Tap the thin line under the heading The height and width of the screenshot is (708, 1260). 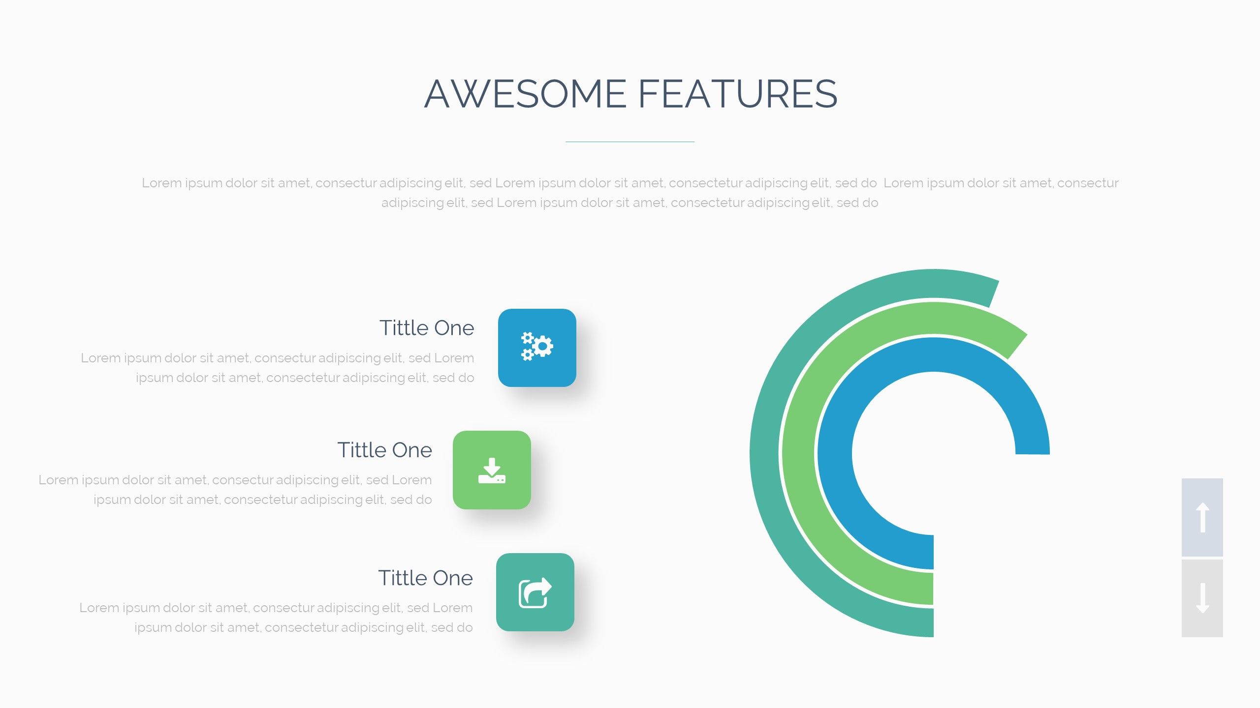coord(630,142)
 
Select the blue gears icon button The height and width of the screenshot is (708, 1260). coord(537,348)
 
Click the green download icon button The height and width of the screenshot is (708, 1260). coord(492,470)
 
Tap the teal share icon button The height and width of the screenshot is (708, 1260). coord(535,592)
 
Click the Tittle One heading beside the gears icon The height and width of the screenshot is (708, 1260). coord(426,328)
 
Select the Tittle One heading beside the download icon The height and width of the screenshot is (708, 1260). coord(384,450)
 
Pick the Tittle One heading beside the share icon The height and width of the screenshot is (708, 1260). coord(425,578)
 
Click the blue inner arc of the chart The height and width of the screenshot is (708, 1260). coord(835,452)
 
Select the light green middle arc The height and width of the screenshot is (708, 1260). coord(799,452)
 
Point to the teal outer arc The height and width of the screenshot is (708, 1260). coord(764,452)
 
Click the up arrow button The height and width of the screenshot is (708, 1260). coord(1202,517)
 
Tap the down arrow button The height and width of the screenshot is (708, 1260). coord(1202,598)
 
